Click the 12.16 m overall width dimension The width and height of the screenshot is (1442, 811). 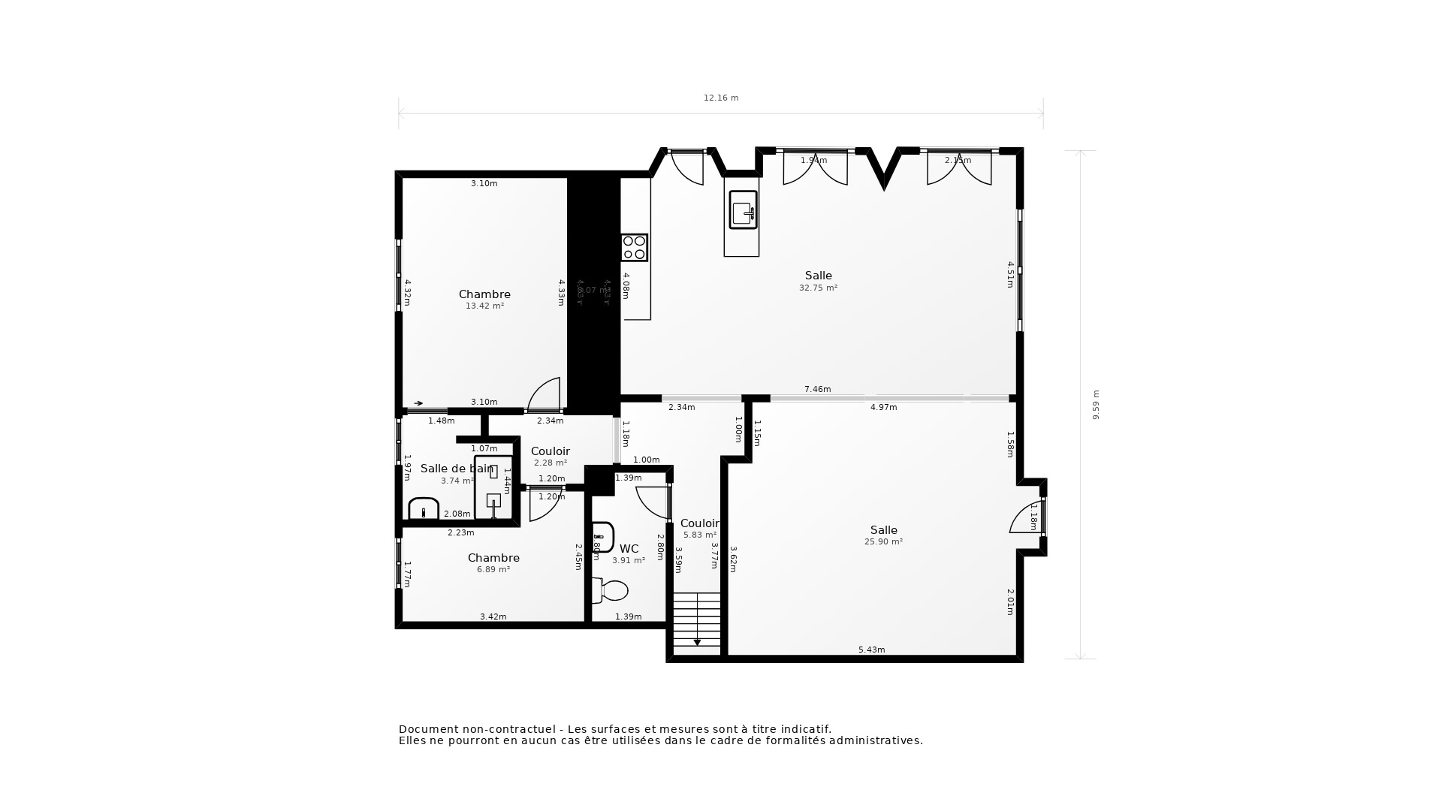(721, 98)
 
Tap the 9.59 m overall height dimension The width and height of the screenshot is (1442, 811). (1096, 405)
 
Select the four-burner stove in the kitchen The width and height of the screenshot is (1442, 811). (634, 248)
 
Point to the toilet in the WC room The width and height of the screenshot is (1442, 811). (611, 591)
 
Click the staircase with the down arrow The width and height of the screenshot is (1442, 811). (696, 622)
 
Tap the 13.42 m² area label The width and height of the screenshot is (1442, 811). (484, 306)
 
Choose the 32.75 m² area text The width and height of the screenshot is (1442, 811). (818, 288)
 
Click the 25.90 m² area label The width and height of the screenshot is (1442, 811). (883, 541)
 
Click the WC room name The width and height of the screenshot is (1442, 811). (629, 549)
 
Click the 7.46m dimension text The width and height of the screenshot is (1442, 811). (817, 389)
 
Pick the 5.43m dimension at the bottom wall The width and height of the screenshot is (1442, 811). (871, 650)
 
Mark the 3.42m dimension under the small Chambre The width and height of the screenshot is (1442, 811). (493, 617)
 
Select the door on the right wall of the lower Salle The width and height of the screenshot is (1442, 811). (1027, 518)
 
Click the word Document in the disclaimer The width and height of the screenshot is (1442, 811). (429, 729)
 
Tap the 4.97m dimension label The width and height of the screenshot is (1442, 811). (883, 407)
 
